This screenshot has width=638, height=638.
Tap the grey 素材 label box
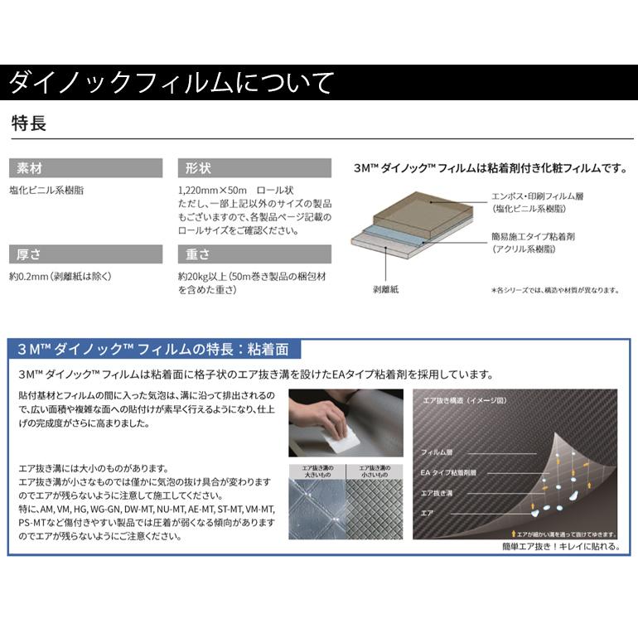pos(86,168)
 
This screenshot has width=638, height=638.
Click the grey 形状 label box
pos(254,168)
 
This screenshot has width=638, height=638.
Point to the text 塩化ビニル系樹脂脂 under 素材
pos(47,190)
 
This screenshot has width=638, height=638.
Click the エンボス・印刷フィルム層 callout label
pos(539,196)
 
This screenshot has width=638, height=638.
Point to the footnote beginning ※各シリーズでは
pos(554,291)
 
